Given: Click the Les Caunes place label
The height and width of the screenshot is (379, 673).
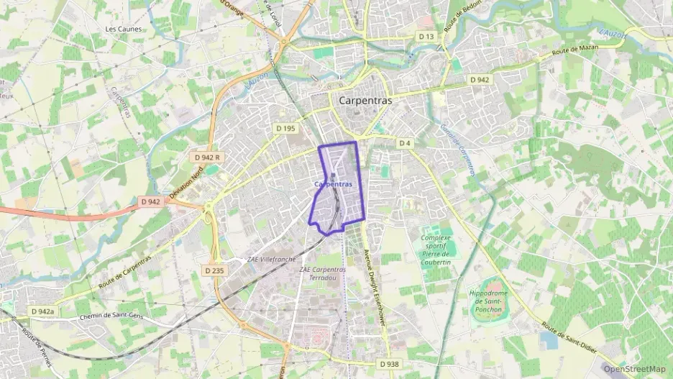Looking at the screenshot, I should (x=124, y=29).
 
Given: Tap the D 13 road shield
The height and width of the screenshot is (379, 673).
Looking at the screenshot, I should (x=426, y=36).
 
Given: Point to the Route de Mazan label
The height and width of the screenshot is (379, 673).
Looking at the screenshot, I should (x=576, y=50).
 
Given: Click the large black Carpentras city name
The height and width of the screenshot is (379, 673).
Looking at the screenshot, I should (x=365, y=101).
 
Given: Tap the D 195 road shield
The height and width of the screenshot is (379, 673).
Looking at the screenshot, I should (x=285, y=128).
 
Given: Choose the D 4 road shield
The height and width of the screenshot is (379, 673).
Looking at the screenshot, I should (x=405, y=143).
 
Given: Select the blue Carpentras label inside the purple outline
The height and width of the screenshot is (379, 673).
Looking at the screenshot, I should (x=334, y=184).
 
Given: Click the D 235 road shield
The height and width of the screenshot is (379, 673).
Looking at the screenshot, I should (x=214, y=270).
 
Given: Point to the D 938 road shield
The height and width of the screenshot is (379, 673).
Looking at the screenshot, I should (x=387, y=364).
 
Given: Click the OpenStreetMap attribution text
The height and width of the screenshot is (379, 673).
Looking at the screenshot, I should (x=634, y=369).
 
